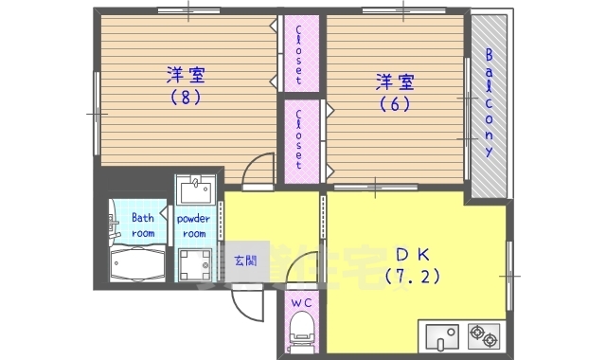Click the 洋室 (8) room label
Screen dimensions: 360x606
click(x=187, y=84)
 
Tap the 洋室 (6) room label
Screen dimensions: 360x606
click(x=396, y=93)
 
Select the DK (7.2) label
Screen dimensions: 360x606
click(x=413, y=264)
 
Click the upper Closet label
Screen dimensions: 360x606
click(x=300, y=54)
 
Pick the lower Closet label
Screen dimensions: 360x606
click(x=300, y=137)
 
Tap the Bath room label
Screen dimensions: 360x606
click(x=143, y=225)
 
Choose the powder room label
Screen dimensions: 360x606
click(x=193, y=225)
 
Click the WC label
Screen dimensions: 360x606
click(x=301, y=303)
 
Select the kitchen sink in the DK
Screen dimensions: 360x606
click(x=440, y=336)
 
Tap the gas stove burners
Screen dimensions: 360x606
click(x=482, y=336)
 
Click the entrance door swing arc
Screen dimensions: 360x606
click(x=244, y=303)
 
